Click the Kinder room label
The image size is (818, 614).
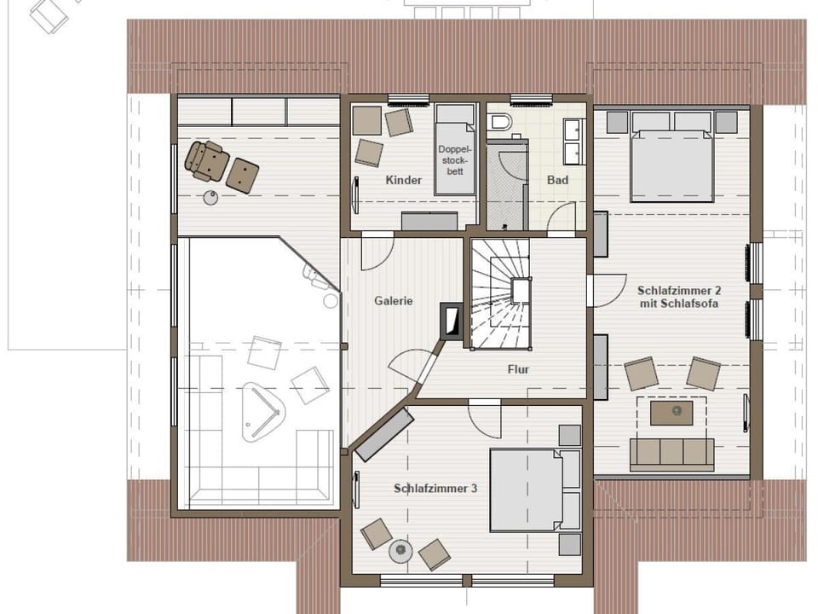pyautogui.click(x=403, y=180)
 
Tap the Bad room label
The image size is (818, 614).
pyautogui.click(x=557, y=180)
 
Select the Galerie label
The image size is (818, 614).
pyautogui.click(x=394, y=301)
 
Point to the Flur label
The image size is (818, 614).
pyautogui.click(x=517, y=369)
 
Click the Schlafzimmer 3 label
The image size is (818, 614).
pyautogui.click(x=435, y=489)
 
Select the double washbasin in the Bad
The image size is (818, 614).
pyautogui.click(x=573, y=141)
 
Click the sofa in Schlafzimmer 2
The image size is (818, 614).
pyautogui.click(x=671, y=453)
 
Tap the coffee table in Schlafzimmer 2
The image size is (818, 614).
pyautogui.click(x=671, y=413)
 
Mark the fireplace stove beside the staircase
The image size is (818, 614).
pyautogui.click(x=450, y=320)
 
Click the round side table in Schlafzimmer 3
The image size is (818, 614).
pyautogui.click(x=400, y=552)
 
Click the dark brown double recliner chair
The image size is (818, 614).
pyautogui.click(x=207, y=160)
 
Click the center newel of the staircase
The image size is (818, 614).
pyautogui.click(x=520, y=291)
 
